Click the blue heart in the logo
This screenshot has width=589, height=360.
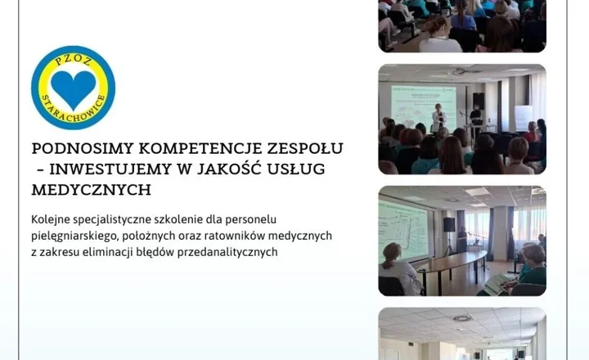(x=73, y=88)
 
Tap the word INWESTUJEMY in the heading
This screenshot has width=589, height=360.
(x=103, y=169)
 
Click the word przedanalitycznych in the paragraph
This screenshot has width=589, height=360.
(x=232, y=252)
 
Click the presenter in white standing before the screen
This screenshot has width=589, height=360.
(x=438, y=116)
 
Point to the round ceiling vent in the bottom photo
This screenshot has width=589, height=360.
(x=462, y=317)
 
